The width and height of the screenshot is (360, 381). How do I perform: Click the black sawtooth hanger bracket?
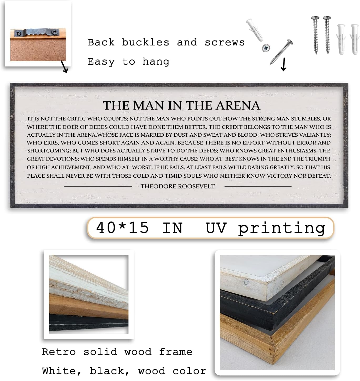pos(37,33)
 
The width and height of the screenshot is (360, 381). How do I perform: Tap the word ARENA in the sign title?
pos(238,106)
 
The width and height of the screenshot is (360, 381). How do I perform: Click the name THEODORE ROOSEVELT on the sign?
pos(178,187)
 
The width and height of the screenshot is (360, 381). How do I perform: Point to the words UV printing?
pos(265,228)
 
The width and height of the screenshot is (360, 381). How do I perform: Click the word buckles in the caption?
pos(145,43)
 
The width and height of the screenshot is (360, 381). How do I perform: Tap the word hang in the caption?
pos(156,62)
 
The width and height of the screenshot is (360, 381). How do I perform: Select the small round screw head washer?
pos(266,48)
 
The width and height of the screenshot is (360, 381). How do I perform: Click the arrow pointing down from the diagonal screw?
pos(283,65)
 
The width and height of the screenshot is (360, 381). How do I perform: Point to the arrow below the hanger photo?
pos(65,67)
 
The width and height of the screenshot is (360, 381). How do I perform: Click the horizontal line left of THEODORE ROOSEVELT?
pos(98,186)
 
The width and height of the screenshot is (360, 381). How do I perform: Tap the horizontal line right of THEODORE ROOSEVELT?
pos(258,186)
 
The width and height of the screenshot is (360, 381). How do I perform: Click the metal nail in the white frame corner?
pos(246,282)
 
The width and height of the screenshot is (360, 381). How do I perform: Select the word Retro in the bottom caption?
pos(59,352)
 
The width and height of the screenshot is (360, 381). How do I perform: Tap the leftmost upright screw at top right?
pos(315,34)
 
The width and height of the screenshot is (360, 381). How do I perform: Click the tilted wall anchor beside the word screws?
pos(254,30)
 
